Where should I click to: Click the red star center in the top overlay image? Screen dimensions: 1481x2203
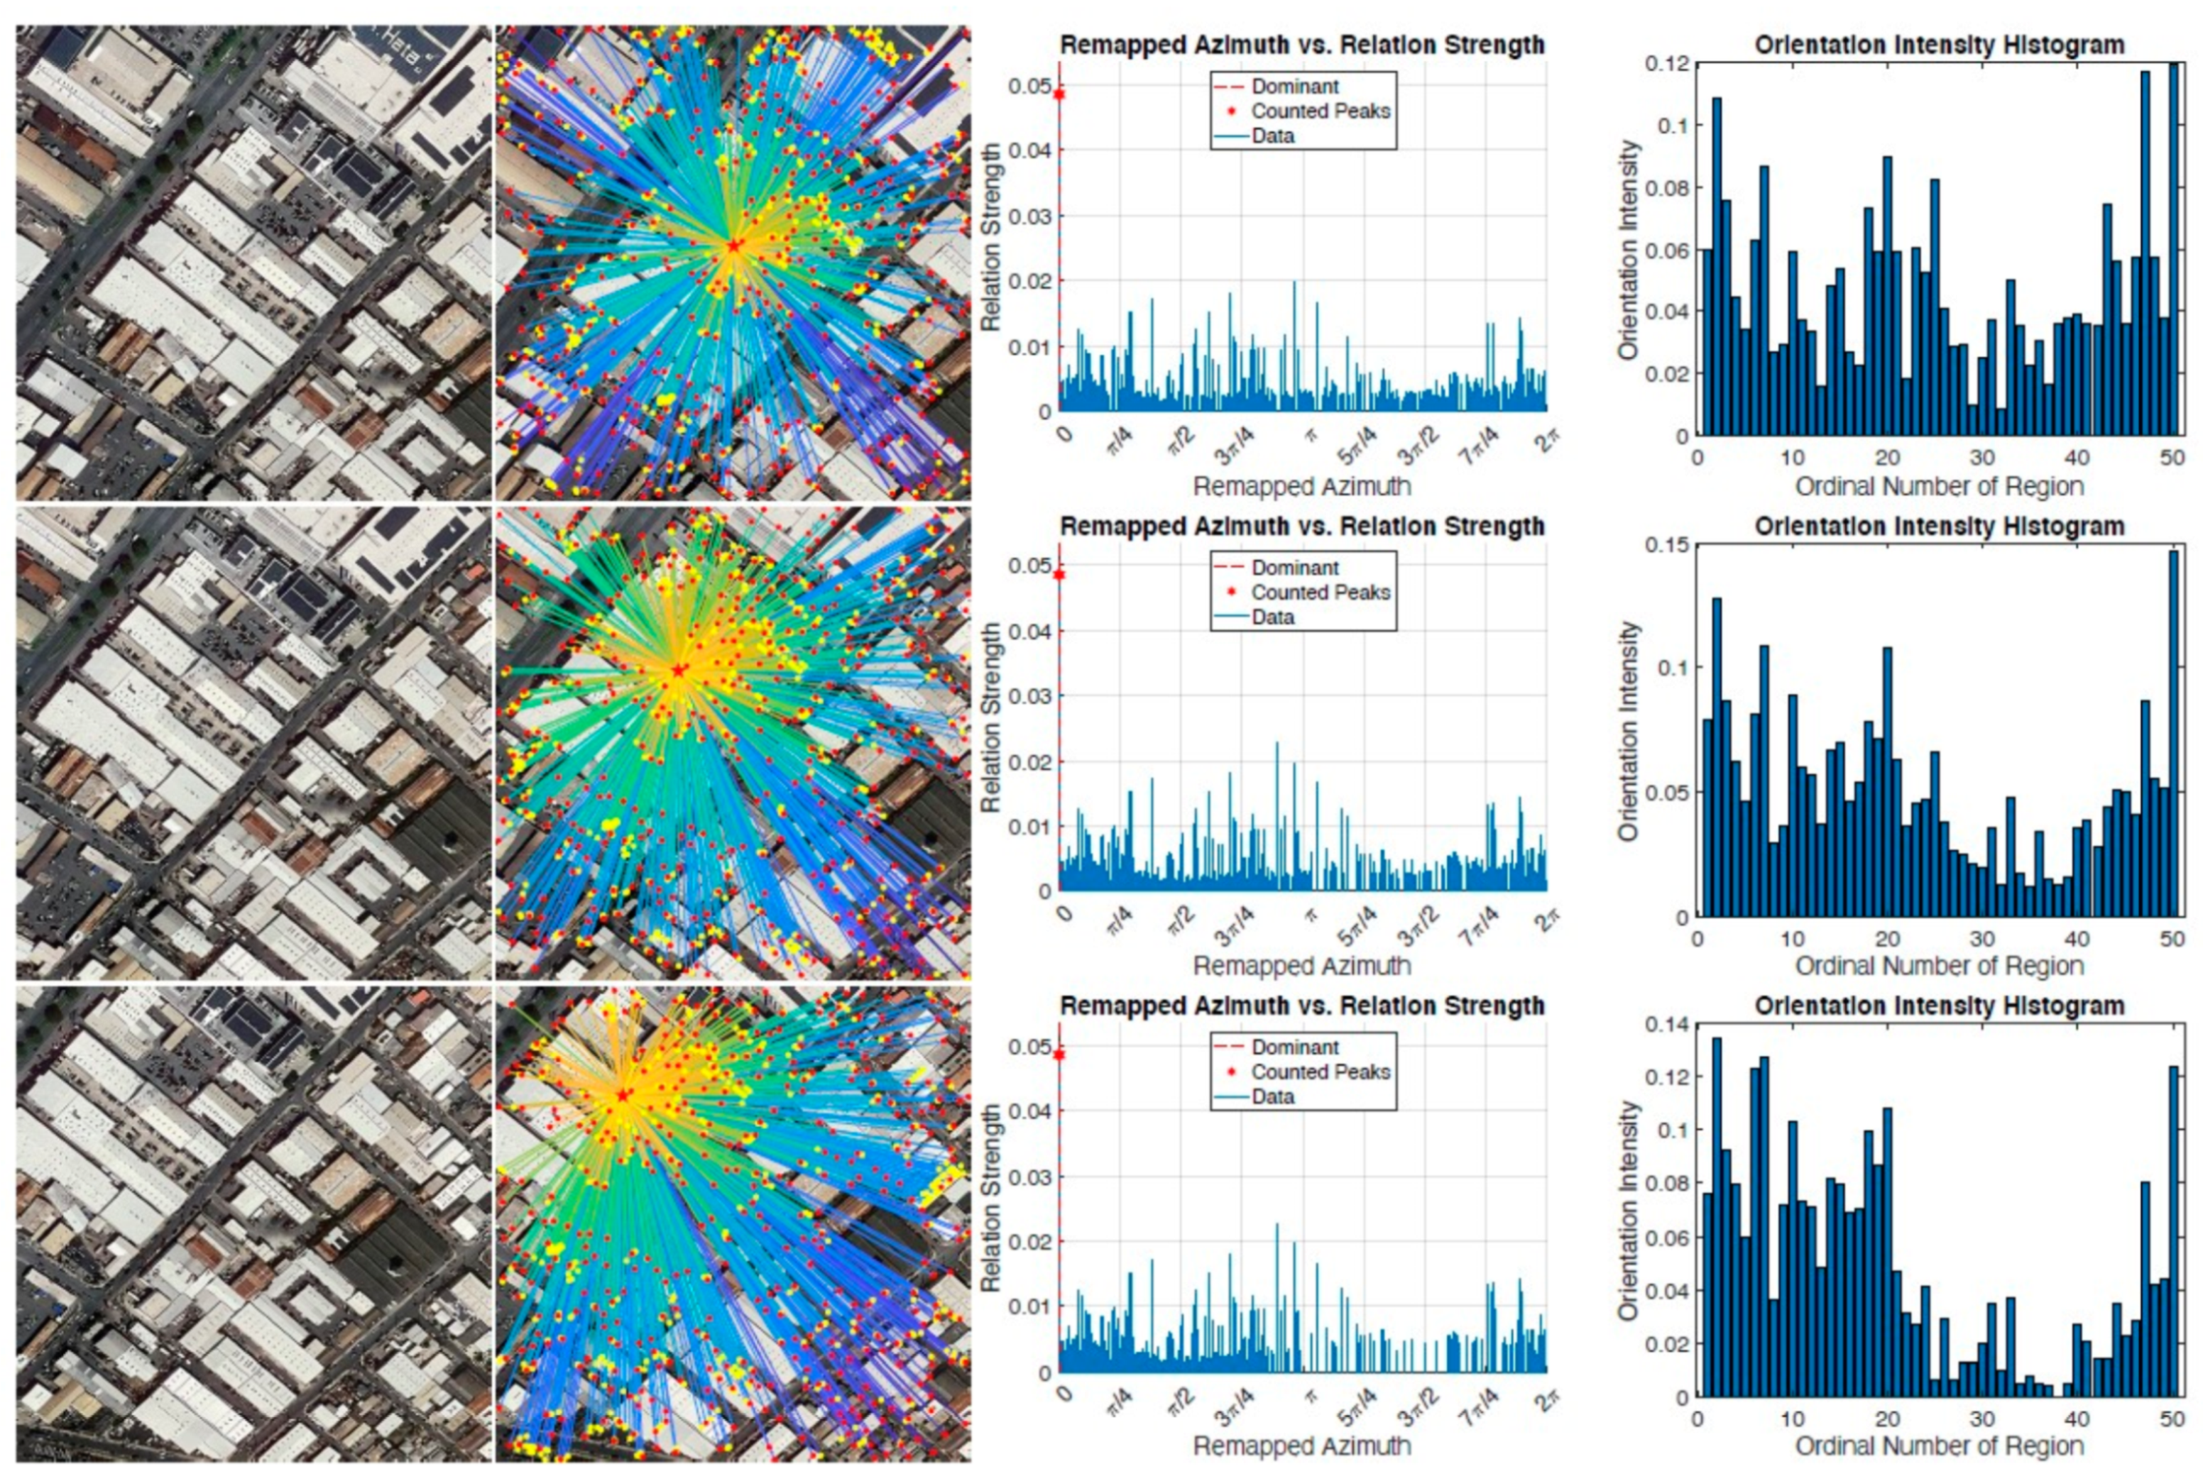[734, 246]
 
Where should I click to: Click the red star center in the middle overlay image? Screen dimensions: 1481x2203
[678, 671]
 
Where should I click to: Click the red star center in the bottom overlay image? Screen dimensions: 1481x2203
[623, 1096]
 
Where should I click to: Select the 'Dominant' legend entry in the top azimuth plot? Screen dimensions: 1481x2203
[1294, 86]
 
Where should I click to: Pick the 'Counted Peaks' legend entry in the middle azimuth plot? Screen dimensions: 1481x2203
[1320, 593]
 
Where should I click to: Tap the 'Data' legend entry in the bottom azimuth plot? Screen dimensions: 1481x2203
[1272, 1096]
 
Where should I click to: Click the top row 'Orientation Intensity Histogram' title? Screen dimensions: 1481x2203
[1938, 45]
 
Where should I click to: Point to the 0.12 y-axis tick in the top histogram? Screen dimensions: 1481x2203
[1666, 63]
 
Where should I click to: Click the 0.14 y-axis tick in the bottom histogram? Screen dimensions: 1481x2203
[1666, 1024]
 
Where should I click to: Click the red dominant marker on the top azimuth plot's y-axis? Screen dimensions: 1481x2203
[1060, 94]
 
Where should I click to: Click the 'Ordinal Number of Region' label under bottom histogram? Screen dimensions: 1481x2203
[1938, 1446]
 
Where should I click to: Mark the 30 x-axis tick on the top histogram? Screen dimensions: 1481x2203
[1982, 458]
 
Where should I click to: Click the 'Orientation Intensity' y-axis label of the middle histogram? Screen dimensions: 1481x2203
[1627, 730]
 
